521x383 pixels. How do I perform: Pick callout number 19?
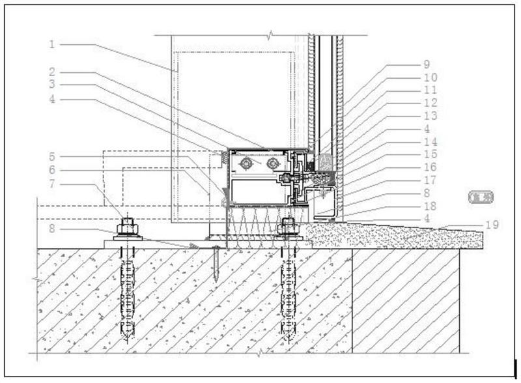coord(492,225)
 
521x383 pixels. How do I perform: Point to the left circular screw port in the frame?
coord(246,163)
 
